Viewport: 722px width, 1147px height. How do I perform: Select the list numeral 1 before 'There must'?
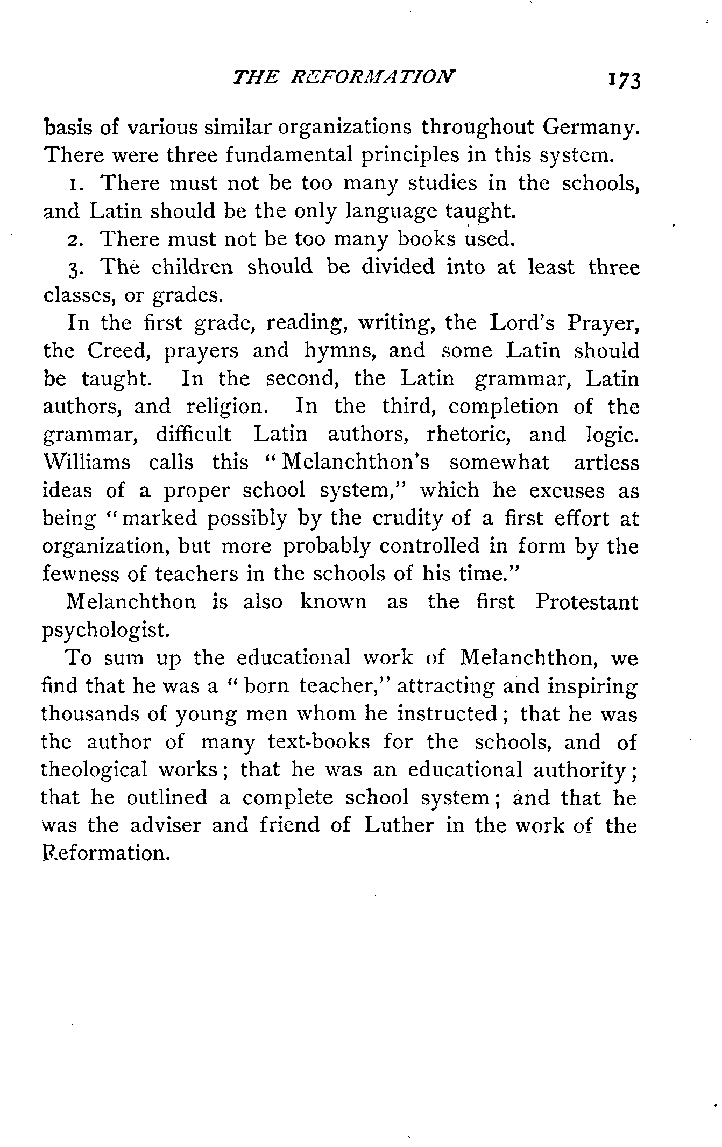74,184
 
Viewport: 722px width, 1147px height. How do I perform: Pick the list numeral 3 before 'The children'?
75,268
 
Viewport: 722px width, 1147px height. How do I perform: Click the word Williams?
87,462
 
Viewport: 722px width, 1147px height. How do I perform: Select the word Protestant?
586,601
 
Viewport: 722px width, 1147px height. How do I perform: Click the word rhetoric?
468,434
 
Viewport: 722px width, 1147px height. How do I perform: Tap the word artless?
606,462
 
